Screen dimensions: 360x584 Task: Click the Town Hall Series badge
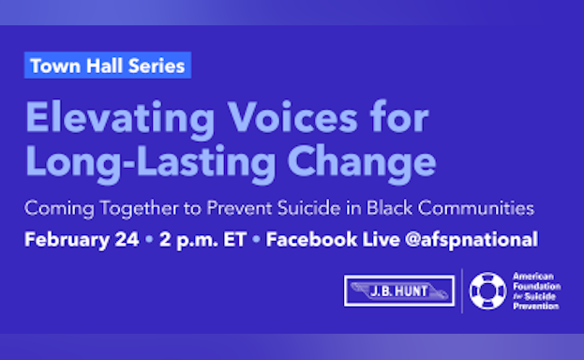(x=107, y=67)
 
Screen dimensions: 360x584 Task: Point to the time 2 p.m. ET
(x=202, y=239)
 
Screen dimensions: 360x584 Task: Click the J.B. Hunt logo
(x=399, y=291)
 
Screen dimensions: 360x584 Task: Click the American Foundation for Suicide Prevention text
(x=537, y=291)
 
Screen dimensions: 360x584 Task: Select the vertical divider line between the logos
(x=462, y=291)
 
